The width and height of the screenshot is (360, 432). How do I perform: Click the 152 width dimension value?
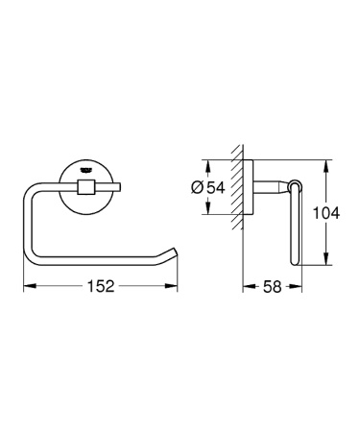100,287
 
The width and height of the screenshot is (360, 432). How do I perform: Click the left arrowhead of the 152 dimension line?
27,287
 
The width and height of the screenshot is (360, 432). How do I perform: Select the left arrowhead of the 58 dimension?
244,287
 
